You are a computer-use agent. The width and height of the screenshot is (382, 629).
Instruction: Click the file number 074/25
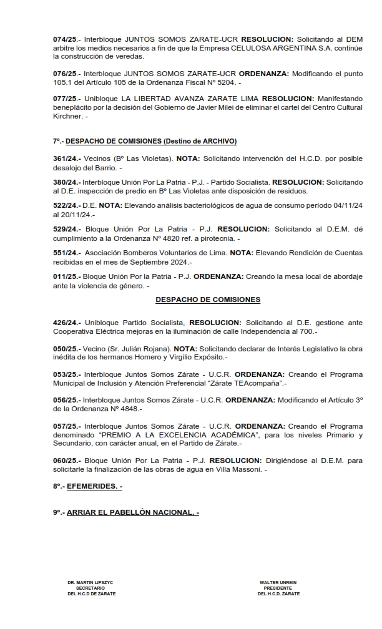point(66,39)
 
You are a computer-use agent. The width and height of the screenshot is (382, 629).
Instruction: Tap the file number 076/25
point(66,74)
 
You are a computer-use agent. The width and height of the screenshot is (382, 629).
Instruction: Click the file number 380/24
point(66,182)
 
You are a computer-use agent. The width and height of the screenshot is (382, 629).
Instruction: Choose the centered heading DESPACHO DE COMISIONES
point(208,300)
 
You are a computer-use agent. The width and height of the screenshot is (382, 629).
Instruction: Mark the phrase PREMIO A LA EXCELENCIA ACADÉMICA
point(179,434)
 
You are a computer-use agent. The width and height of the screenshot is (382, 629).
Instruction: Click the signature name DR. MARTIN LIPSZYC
point(91,582)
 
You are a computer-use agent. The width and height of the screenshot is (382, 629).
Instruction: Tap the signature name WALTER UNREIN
point(278,582)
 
